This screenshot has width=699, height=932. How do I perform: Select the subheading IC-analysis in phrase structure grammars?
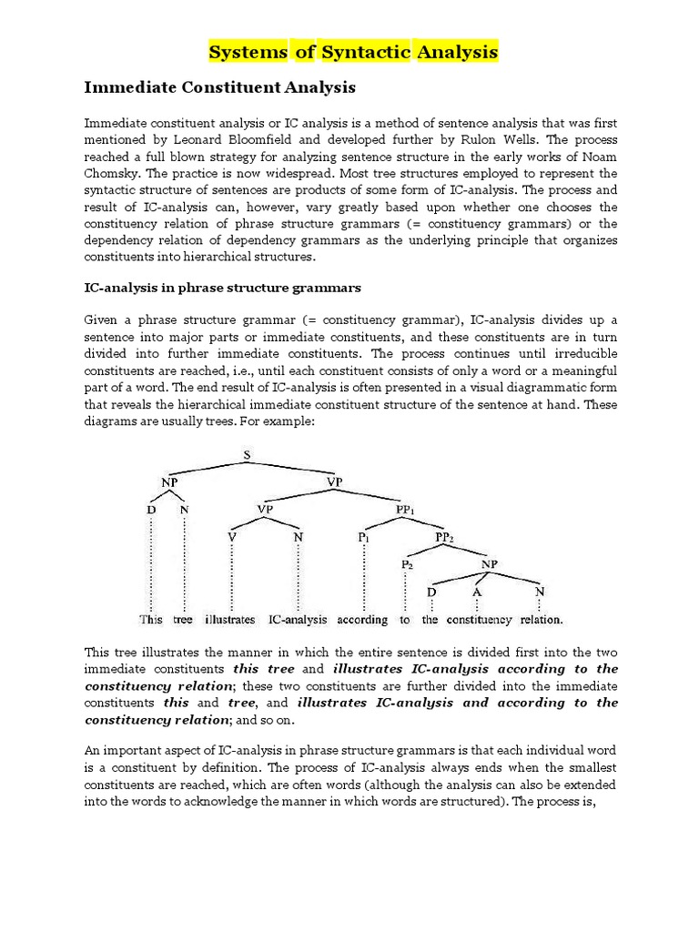click(x=223, y=288)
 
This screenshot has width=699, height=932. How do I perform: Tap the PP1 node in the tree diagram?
click(x=406, y=510)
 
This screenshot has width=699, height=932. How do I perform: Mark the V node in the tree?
click(x=231, y=537)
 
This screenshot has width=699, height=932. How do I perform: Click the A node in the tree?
click(x=476, y=593)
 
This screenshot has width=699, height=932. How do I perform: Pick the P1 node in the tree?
click(x=363, y=537)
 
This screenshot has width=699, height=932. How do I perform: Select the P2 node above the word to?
click(x=406, y=565)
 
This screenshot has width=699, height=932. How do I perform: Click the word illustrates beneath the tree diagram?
click(x=230, y=620)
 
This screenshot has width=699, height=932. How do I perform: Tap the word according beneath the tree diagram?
click(x=361, y=620)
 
